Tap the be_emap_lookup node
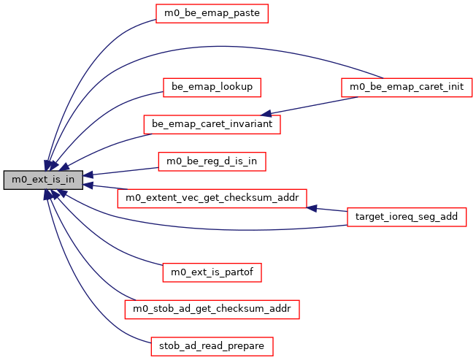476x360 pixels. click(212, 87)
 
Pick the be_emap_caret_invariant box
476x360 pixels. click(212, 124)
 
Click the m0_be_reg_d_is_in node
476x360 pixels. click(212, 161)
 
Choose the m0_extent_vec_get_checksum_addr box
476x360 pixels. click(212, 198)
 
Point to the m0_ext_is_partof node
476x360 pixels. click(212, 272)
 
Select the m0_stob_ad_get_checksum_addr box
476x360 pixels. click(212, 309)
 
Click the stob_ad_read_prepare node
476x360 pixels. click(212, 345)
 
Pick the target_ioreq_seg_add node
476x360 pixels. click(406, 216)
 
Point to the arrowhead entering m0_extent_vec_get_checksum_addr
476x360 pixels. click(312, 208)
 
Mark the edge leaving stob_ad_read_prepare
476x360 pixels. click(88, 307)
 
